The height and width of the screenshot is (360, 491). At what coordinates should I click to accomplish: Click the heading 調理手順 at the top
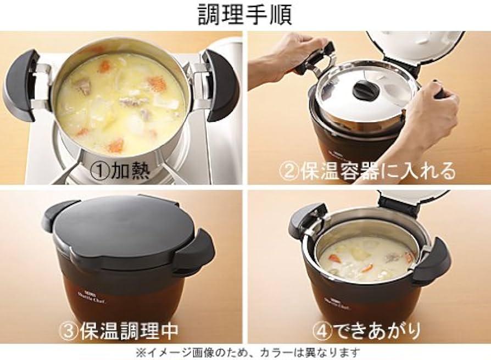tap(245, 14)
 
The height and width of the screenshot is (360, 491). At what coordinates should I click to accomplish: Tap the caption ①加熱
tap(120, 171)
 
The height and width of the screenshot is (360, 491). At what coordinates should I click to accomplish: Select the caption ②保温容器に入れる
tap(367, 171)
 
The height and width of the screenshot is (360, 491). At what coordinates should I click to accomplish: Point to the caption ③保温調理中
tap(119, 330)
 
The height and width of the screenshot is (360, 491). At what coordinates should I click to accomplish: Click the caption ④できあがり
tap(367, 330)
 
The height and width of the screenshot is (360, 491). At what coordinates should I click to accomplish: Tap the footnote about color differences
tap(247, 353)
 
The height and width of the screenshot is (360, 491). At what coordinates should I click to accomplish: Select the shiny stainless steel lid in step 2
tap(365, 91)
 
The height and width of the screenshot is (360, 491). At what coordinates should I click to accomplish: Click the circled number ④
tap(322, 330)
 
